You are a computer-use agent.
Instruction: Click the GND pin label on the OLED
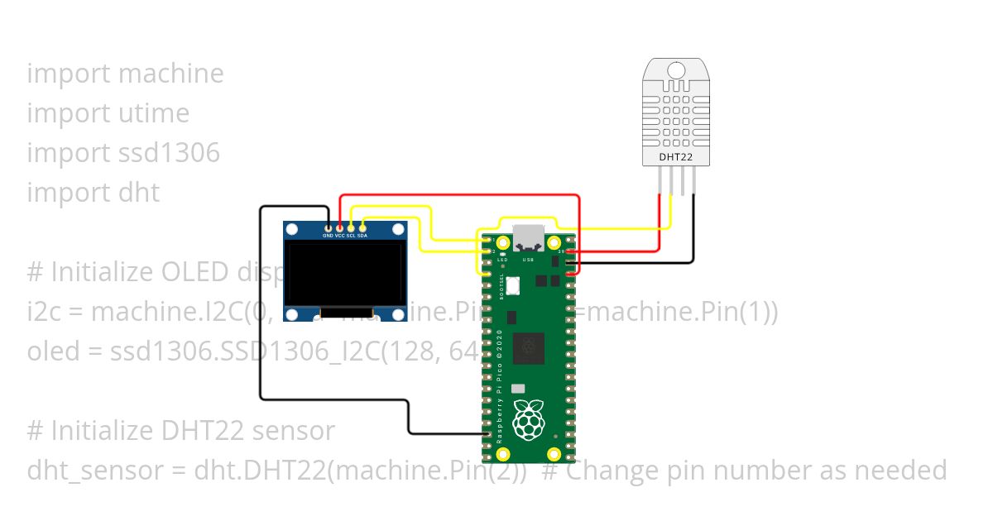click(328, 236)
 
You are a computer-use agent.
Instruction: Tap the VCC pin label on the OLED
click(339, 236)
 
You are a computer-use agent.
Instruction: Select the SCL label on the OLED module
click(351, 236)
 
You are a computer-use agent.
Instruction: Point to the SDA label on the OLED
click(362, 236)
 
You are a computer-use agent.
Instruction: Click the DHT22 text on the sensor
click(676, 155)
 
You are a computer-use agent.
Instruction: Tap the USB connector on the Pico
click(529, 237)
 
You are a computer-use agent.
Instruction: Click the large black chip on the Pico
click(529, 348)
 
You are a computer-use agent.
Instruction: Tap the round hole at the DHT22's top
click(676, 70)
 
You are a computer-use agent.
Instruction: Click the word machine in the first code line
click(171, 74)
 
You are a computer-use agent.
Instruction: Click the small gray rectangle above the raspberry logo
click(518, 388)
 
